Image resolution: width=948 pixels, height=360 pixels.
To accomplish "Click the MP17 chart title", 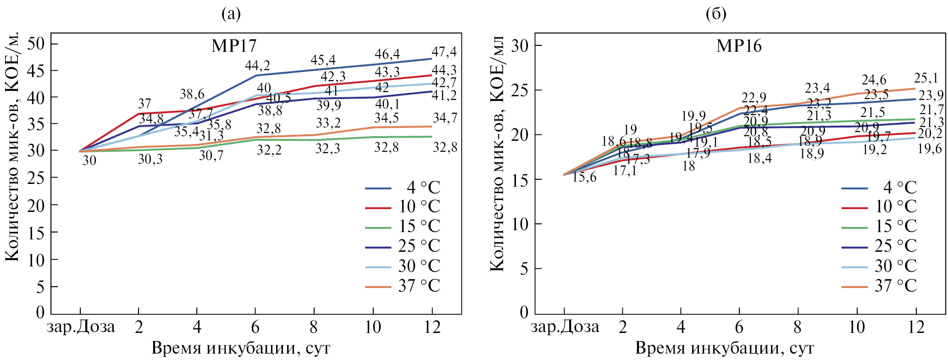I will pos(234,46).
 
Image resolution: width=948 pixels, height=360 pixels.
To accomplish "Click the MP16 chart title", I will pos(739,46).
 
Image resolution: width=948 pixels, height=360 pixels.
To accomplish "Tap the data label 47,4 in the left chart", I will pos(444,51).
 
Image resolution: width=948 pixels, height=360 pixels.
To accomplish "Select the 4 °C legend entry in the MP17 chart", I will pos(403,188).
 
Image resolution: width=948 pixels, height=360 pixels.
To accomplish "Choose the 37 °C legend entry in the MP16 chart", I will pos(879,286).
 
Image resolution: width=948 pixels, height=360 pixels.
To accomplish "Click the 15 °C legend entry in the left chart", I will pos(403,227).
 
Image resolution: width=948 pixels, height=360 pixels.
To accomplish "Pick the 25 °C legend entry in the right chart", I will pos(879,246).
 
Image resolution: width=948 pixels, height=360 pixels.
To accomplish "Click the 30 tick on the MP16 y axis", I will pos(520,45).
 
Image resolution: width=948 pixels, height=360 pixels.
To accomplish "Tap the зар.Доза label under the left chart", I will pos(81,327).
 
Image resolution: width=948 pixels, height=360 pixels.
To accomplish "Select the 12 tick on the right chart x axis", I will pos(915,327).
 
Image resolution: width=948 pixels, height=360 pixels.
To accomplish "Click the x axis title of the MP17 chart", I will pos(241,349).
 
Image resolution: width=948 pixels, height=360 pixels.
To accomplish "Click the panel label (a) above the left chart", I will pos(231,15).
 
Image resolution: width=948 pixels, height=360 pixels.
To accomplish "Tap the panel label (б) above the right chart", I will pos(716,15).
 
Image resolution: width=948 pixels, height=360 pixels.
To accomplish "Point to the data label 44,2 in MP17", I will pos(257,66).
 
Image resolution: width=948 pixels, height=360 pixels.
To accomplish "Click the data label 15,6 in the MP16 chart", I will pos(584,177).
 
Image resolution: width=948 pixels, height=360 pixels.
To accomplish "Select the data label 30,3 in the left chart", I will pos(150,160).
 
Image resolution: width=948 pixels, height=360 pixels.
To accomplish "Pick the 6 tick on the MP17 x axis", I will pos(255,327).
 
